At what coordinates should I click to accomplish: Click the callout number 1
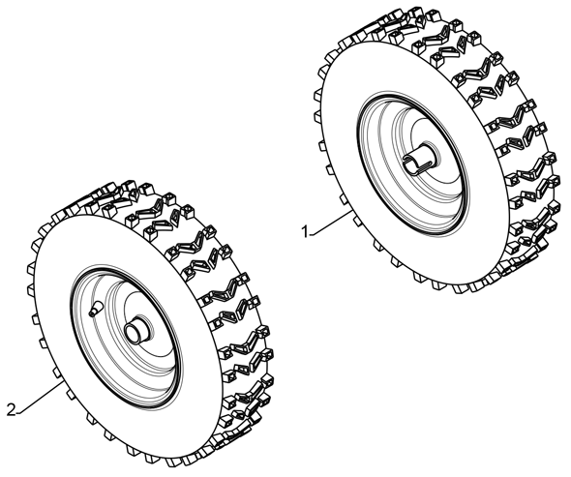305,231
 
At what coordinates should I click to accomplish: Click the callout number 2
12,410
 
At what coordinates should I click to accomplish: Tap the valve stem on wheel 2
97,308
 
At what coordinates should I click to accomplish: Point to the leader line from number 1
331,223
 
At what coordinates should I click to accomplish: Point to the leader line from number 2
40,398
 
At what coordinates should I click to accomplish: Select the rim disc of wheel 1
412,163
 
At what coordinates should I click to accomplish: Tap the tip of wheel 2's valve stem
91,313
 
